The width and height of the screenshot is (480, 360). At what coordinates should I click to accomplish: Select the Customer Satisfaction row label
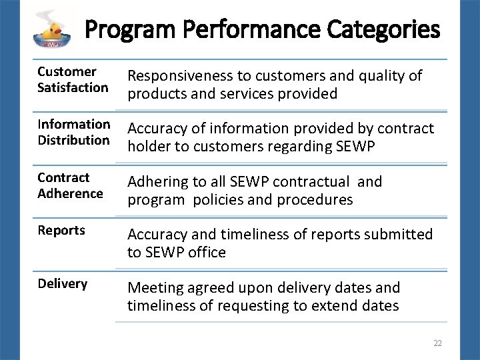[73, 79]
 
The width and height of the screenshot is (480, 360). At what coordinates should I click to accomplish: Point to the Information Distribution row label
[73, 132]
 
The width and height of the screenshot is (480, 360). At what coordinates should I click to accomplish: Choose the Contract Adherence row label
[70, 185]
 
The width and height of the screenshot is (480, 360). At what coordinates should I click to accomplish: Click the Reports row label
[61, 231]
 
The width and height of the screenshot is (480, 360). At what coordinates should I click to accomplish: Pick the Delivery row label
[62, 284]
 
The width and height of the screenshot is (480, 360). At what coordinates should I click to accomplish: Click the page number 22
[437, 343]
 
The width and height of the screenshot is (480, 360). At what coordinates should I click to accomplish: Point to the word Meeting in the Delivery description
[156, 288]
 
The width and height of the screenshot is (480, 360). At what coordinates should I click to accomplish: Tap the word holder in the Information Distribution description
[148, 147]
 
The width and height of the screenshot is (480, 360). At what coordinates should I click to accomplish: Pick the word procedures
[313, 200]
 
